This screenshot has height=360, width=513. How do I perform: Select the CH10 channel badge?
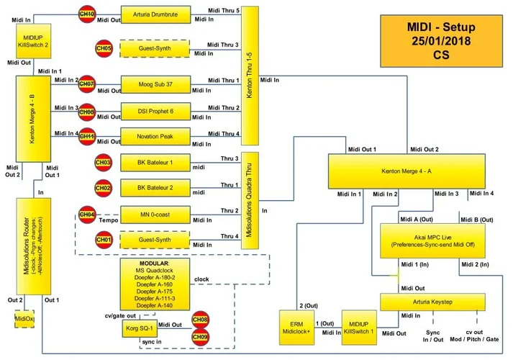[86, 14]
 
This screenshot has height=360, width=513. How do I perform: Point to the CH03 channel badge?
[104, 164]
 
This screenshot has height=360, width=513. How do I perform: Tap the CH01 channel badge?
[104, 239]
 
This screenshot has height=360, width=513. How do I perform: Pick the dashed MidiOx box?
[24, 318]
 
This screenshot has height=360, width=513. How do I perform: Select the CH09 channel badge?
[199, 336]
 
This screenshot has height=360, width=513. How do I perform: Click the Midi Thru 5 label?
[223, 11]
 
